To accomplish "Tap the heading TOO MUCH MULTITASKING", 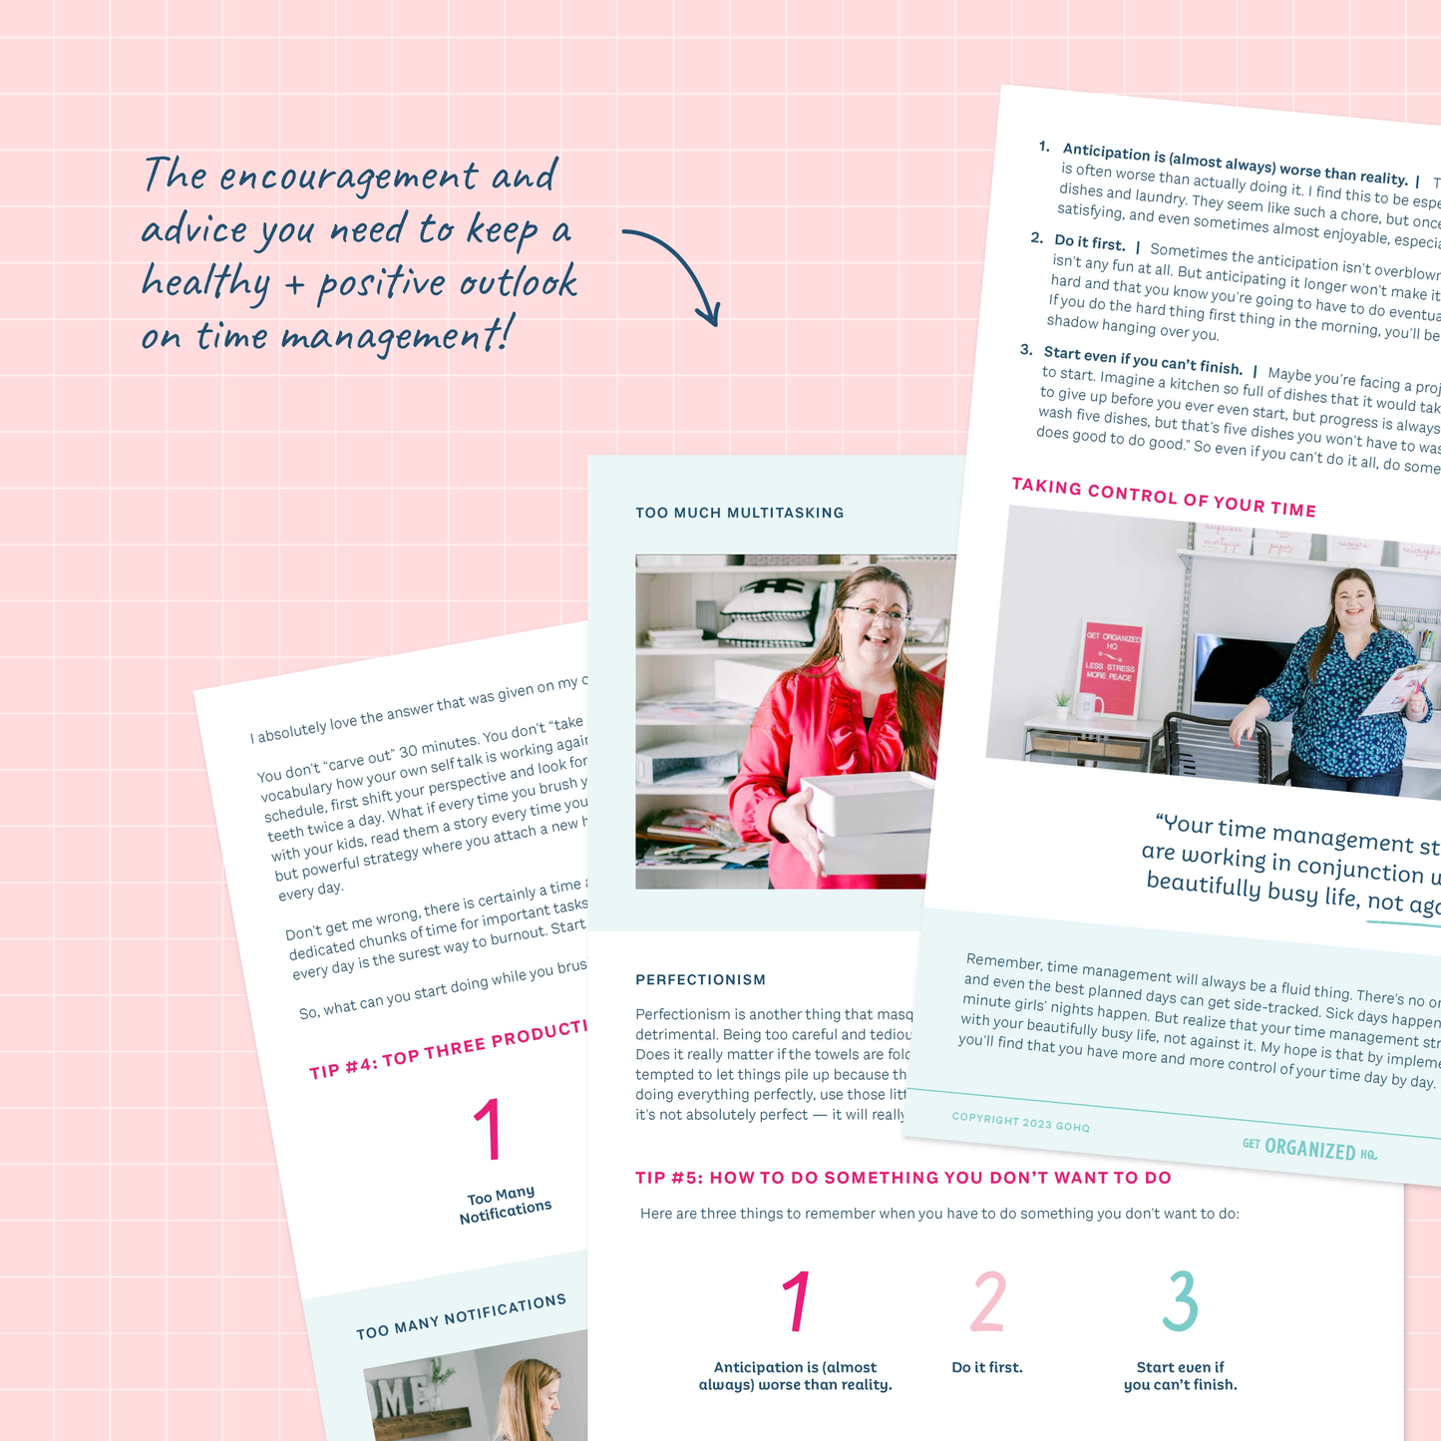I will (x=739, y=513).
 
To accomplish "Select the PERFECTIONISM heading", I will (x=700, y=979).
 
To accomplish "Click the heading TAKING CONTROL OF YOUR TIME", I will (x=1163, y=498).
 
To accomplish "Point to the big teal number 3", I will (x=1180, y=1300).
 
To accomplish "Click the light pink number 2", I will (x=987, y=1300).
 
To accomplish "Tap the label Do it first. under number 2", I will (x=986, y=1367).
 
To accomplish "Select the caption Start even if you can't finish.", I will (x=1180, y=1375).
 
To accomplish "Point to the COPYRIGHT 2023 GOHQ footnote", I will (x=1020, y=1122).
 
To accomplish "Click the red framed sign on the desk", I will (x=1112, y=669).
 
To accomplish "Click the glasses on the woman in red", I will (x=875, y=614).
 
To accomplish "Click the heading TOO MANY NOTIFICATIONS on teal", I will (x=461, y=1316).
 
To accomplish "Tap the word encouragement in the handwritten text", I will (x=348, y=178).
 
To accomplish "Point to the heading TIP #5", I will (x=902, y=1177).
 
